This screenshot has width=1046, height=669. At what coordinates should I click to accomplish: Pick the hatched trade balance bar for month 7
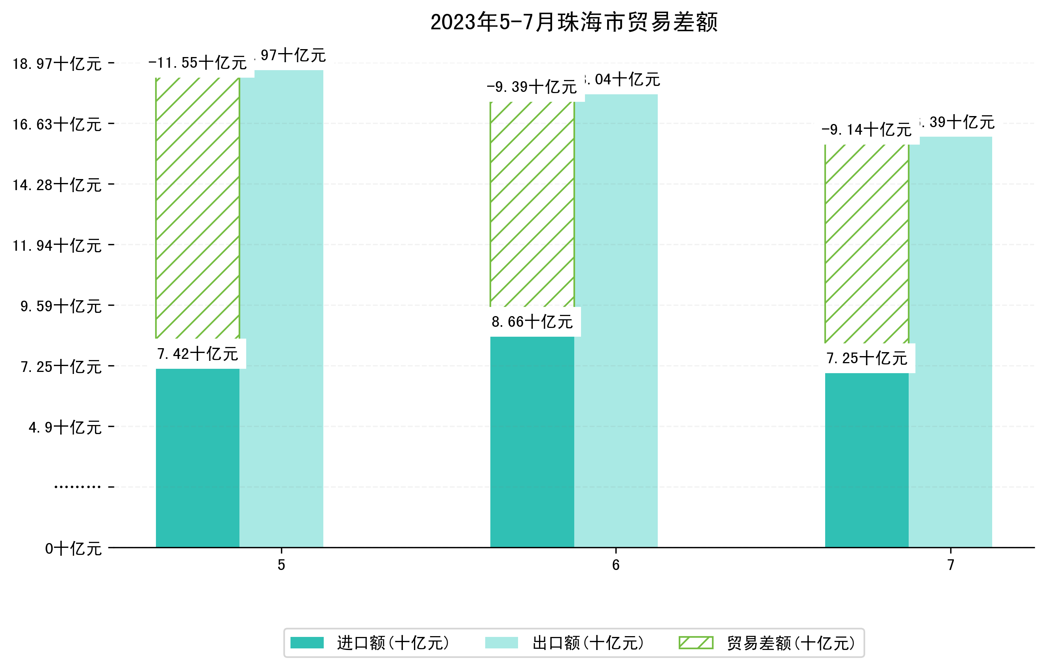(867, 244)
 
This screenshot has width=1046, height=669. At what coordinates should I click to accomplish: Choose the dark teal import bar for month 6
(532, 442)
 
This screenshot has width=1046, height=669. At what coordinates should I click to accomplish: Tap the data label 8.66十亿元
(532, 322)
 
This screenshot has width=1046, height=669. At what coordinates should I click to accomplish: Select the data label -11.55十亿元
(197, 63)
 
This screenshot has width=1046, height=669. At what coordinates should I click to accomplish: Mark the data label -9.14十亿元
(867, 130)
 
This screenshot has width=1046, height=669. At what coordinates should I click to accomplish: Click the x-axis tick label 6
(615, 565)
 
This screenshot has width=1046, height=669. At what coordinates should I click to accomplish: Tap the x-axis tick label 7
(951, 565)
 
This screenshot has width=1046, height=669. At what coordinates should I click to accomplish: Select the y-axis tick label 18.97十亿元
(57, 64)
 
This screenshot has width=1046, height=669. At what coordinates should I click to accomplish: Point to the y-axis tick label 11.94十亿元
(57, 246)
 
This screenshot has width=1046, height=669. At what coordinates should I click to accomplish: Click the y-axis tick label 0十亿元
(73, 549)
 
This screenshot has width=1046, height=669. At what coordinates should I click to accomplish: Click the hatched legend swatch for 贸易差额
(696, 642)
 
